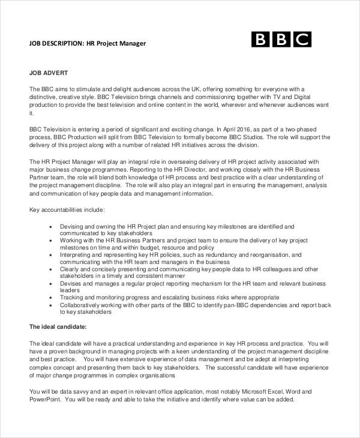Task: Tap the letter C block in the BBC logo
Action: [302, 40]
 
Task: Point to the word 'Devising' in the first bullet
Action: [73, 226]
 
